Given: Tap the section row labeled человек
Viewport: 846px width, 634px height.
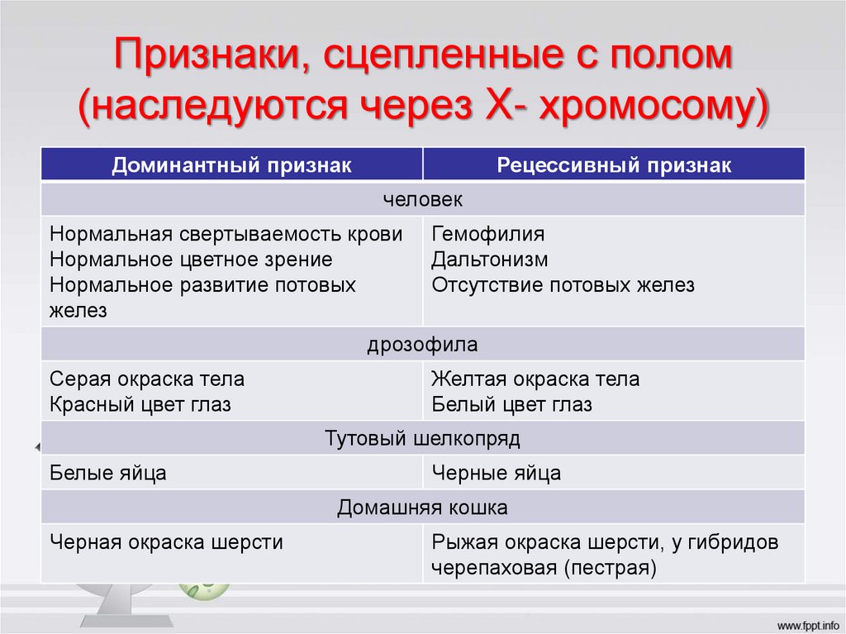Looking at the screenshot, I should click(x=423, y=200).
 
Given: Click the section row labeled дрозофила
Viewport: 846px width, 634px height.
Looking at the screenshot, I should click(x=423, y=344).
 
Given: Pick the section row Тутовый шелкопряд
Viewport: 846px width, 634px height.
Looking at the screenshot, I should click(x=423, y=438).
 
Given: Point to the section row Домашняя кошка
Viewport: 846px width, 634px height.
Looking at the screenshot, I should click(x=423, y=506).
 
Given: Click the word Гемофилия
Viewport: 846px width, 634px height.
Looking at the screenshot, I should click(x=487, y=234).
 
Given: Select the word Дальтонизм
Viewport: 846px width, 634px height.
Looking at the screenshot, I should click(x=490, y=260).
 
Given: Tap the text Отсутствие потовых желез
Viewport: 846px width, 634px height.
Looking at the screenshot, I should click(x=563, y=285).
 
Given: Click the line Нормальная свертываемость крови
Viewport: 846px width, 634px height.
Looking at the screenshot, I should click(x=226, y=234).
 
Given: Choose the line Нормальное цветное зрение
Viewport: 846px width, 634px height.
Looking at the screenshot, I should click(x=191, y=260).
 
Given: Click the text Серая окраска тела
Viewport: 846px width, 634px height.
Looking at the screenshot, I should click(x=147, y=379).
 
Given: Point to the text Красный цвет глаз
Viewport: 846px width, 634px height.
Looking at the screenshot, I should click(x=140, y=405).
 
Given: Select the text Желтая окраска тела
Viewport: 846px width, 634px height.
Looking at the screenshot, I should click(x=535, y=379).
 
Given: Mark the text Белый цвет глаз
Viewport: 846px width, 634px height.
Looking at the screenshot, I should click(x=511, y=405).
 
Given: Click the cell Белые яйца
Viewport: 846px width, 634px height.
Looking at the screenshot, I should click(x=108, y=473).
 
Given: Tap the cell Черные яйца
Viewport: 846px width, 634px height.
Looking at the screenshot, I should click(x=496, y=473).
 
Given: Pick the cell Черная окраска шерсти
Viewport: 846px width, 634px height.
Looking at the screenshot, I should click(x=166, y=542).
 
